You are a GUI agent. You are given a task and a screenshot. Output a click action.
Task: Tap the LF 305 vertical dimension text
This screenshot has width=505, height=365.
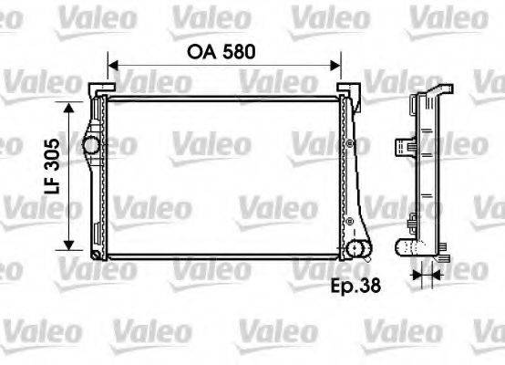[53, 176]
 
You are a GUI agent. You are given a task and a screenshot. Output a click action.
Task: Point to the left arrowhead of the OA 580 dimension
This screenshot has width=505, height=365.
[113, 66]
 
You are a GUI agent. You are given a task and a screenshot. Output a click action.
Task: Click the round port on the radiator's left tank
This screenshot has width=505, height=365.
[90, 144]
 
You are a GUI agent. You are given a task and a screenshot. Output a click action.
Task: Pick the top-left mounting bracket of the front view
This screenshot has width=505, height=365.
[97, 88]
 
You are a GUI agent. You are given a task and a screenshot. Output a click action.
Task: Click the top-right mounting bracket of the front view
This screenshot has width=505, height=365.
[347, 88]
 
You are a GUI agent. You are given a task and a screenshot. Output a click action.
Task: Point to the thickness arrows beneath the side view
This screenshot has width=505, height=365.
[420, 274]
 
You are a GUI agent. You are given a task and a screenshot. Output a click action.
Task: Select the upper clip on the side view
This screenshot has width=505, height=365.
[402, 145]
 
